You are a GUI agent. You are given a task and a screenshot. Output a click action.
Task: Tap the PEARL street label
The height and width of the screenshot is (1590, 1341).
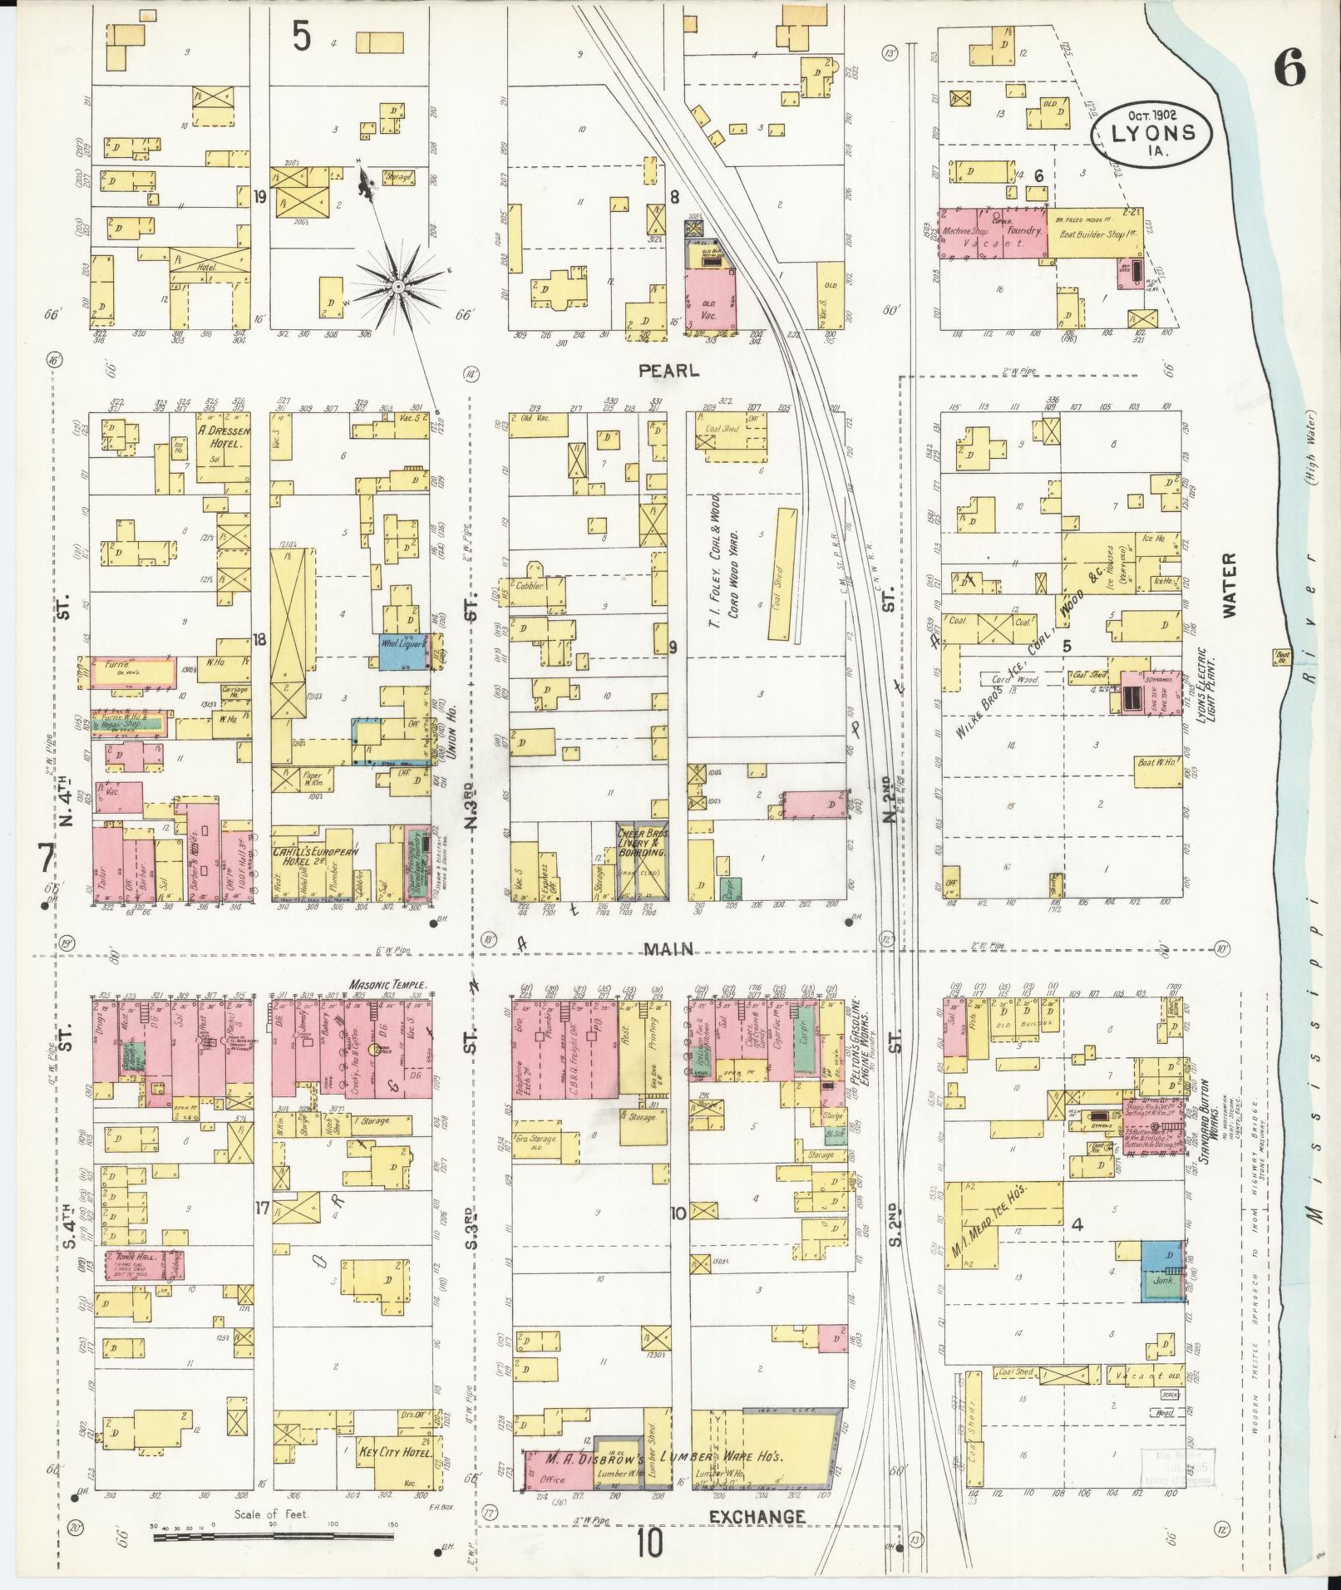pos(669,372)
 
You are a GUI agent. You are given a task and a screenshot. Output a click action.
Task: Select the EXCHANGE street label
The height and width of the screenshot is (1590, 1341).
pos(757,1516)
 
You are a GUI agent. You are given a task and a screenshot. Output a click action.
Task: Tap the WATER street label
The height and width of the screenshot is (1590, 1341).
pos(1229,585)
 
